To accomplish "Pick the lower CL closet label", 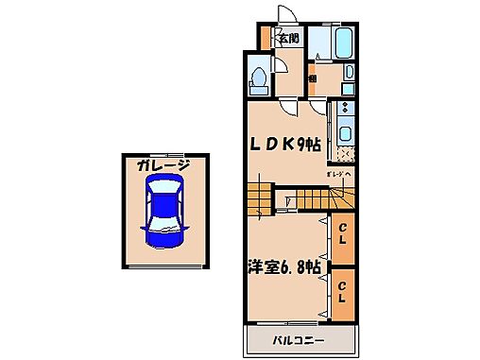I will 342,291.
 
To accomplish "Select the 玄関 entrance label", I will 289,39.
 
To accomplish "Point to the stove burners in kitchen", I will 345,109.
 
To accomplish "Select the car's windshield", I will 163,201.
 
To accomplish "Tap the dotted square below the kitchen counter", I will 345,155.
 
